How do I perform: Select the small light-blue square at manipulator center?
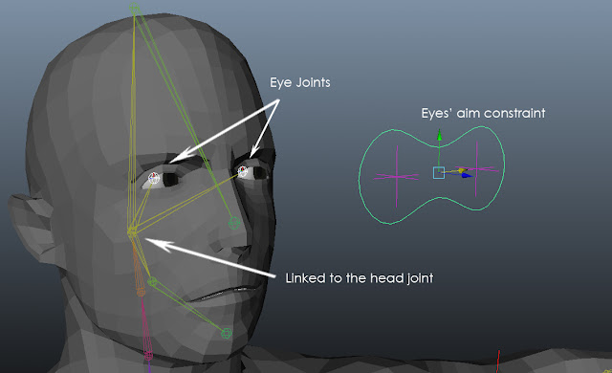click(439, 173)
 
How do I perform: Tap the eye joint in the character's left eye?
click(244, 171)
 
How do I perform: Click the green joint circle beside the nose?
click(234, 222)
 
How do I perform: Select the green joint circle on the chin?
click(227, 333)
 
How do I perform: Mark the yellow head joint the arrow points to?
click(133, 230)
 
